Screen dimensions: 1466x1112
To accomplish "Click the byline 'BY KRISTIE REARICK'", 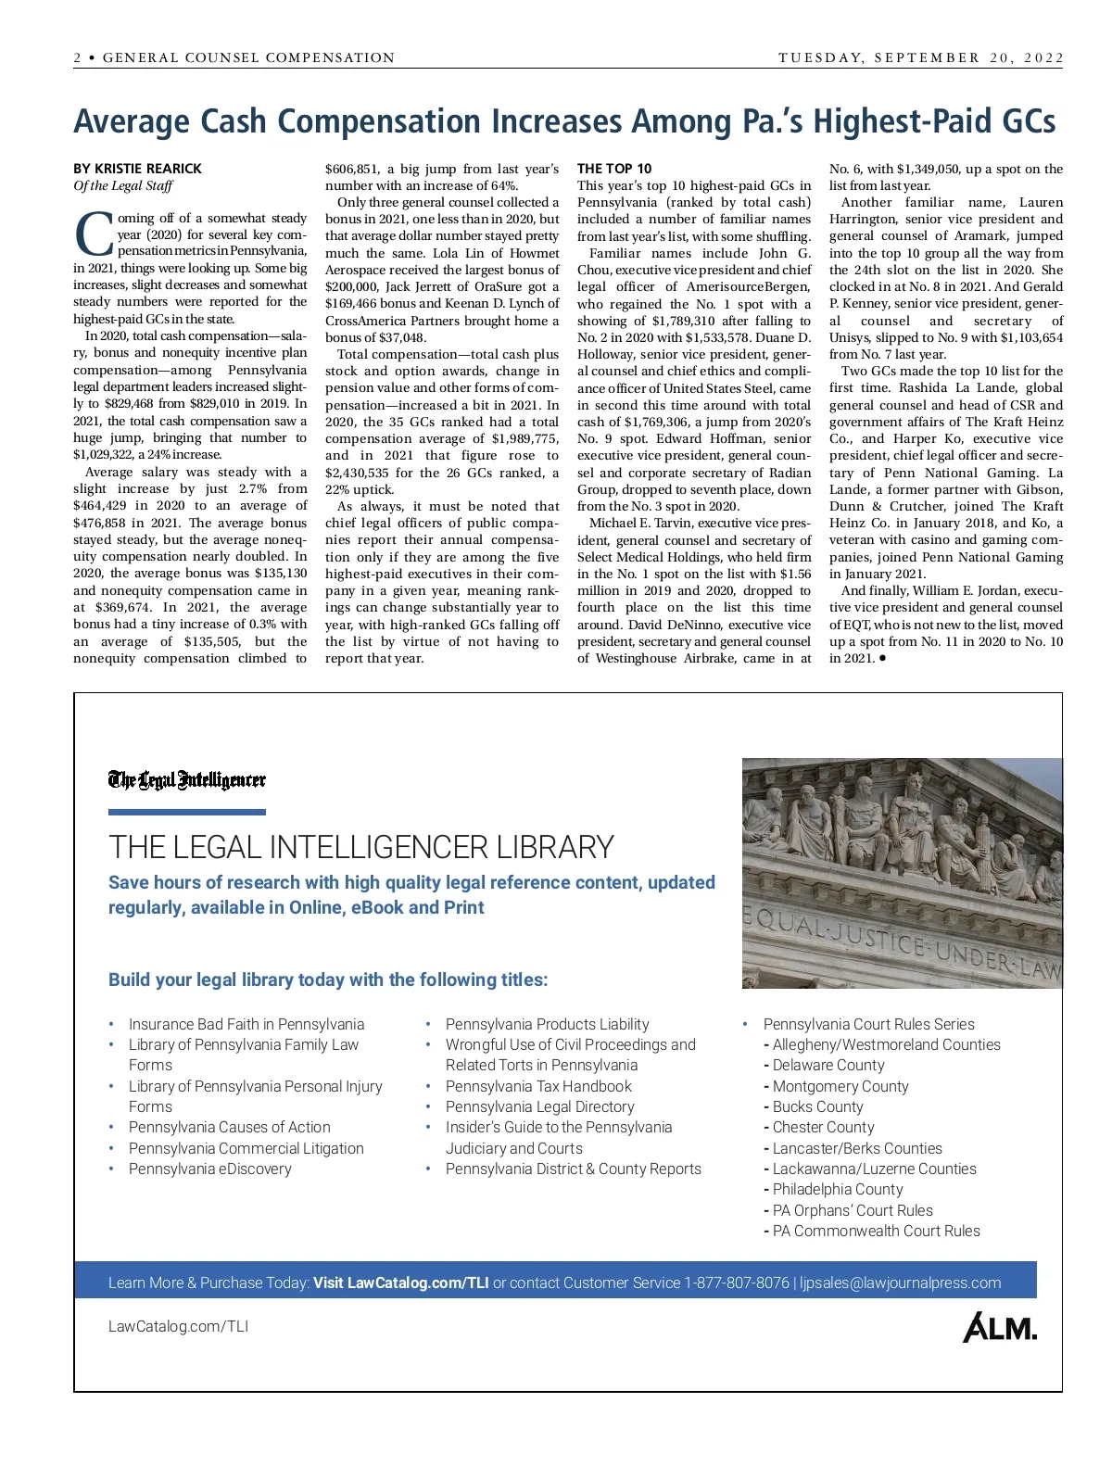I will (x=137, y=169).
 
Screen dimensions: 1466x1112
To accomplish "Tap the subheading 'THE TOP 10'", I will (x=613, y=169).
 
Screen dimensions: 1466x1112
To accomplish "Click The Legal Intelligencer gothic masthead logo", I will (x=187, y=780).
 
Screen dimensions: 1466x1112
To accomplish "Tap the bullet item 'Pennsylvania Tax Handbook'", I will (x=538, y=1086).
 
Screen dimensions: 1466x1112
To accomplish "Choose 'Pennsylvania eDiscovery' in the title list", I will (x=209, y=1169).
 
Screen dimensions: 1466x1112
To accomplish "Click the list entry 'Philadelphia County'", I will (x=838, y=1189).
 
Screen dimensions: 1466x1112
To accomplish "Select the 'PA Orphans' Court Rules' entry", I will (x=853, y=1210).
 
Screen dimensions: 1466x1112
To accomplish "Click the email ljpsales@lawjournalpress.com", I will (x=900, y=1283).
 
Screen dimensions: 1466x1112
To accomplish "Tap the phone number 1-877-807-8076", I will (x=737, y=1283).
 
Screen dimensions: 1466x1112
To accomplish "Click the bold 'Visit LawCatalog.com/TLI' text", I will (x=400, y=1283).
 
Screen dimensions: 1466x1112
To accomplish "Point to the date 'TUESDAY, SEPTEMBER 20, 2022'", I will (x=921, y=57).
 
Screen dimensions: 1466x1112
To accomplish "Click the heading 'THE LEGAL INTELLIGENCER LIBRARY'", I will (x=361, y=847).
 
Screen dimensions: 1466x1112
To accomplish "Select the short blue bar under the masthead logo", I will (x=187, y=813).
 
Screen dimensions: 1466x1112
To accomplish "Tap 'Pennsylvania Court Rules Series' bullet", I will (x=868, y=1024).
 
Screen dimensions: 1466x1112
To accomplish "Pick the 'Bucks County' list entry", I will (x=817, y=1106).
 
